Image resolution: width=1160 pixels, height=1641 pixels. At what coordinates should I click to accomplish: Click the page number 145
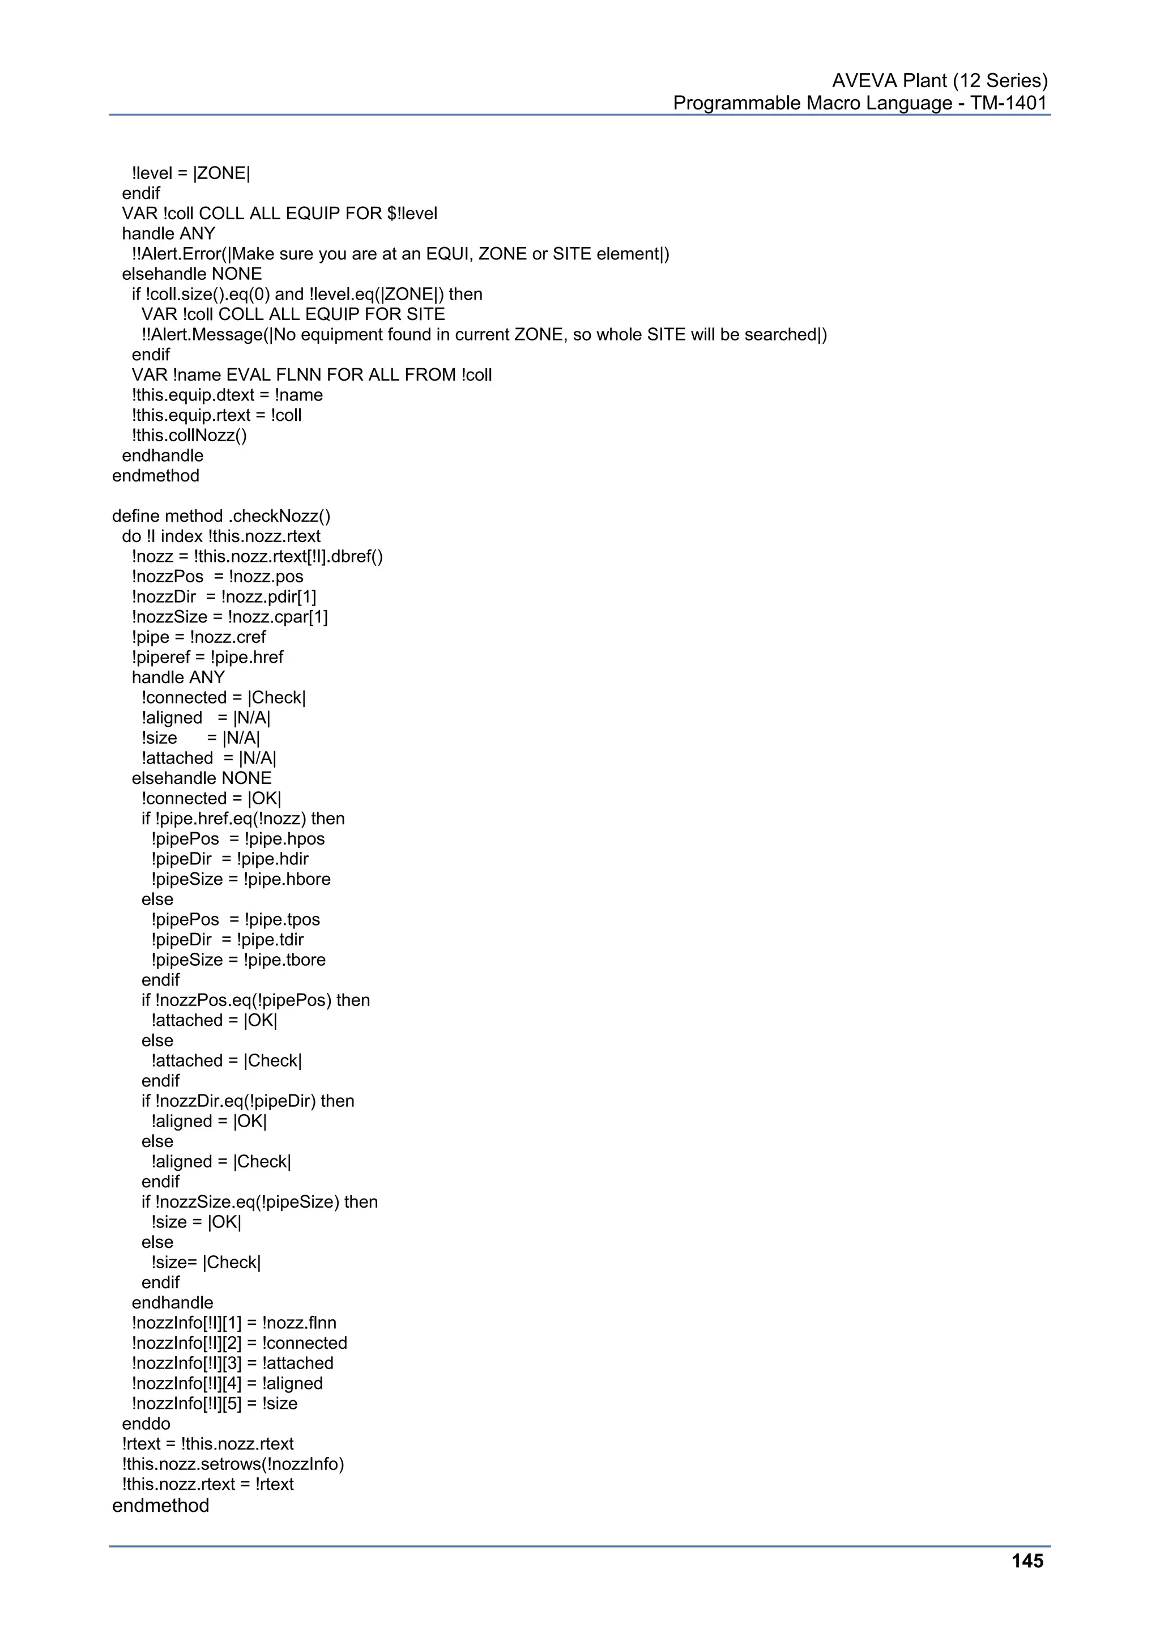coord(1027,1561)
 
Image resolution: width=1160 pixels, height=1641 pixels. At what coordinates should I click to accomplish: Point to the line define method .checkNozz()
coord(221,516)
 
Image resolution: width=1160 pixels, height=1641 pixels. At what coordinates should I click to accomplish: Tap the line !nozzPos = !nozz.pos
coord(217,577)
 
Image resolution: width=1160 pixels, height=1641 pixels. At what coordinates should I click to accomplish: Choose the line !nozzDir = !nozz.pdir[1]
coord(224,597)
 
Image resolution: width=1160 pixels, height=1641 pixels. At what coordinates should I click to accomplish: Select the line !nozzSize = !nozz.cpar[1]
coord(229,617)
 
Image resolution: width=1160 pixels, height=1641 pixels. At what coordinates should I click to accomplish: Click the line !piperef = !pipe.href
coord(207,657)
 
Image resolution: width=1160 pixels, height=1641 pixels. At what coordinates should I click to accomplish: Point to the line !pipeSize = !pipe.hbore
coord(241,879)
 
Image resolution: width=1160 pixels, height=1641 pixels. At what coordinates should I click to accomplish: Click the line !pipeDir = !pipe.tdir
coord(227,940)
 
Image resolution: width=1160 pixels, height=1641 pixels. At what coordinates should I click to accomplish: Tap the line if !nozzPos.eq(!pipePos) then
coord(256,1000)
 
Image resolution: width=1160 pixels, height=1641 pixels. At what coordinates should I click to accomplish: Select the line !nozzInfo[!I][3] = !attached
coord(232,1363)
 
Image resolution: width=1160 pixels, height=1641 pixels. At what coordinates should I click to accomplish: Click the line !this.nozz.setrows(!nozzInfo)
coord(233,1464)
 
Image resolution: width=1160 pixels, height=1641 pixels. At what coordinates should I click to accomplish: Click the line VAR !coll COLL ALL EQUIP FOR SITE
coord(293,314)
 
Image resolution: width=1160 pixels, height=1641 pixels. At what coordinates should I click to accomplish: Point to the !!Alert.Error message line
coord(400,254)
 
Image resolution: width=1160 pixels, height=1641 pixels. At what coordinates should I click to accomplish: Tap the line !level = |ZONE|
coord(191,173)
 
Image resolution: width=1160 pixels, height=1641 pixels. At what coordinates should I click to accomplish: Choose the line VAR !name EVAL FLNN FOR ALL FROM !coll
coord(312,374)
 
